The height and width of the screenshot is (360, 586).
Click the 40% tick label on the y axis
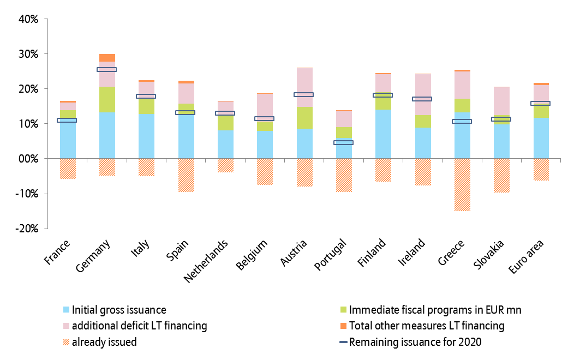[28, 19]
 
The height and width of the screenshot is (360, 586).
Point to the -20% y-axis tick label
[26, 229]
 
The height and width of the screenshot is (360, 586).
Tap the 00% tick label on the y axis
[28, 159]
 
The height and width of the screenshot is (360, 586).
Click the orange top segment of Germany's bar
[107, 58]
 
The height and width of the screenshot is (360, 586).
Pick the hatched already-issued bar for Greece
[462, 184]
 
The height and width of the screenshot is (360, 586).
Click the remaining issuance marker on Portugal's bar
[343, 142]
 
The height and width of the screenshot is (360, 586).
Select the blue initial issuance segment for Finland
[383, 134]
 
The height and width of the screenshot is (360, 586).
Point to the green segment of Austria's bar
[304, 117]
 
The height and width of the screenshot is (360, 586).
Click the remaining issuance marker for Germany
[107, 70]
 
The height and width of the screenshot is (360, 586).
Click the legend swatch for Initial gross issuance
[66, 310]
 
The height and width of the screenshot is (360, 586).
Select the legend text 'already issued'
[104, 343]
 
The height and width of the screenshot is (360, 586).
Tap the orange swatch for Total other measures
[343, 326]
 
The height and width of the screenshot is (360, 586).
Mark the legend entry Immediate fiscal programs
[435, 310]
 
